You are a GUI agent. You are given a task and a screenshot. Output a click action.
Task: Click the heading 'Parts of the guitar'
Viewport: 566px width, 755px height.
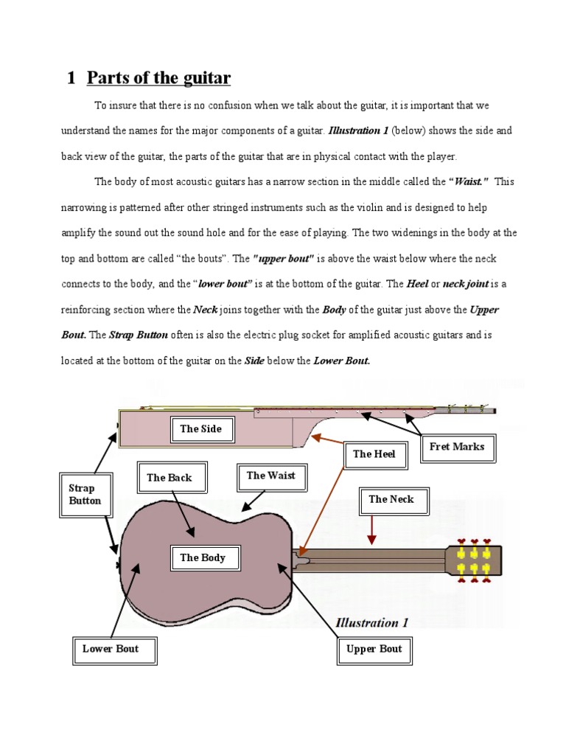pos(158,78)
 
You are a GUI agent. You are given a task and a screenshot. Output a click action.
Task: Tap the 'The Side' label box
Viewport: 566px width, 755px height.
pos(200,429)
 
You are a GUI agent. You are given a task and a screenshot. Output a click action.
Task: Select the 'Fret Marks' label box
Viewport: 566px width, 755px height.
pos(457,447)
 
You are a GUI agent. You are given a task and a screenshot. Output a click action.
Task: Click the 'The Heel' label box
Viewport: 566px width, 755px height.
pos(374,454)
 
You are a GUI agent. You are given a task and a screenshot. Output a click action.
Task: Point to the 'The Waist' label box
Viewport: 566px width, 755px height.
pos(270,476)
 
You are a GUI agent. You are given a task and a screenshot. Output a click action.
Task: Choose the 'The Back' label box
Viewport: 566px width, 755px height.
pos(169,478)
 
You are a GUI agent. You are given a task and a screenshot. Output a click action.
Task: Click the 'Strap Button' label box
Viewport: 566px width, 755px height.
pos(85,495)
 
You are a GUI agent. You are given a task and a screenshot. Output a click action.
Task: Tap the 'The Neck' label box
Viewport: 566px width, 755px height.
pos(391,500)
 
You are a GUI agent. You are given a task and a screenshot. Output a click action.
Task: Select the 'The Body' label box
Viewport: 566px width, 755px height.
pos(203,558)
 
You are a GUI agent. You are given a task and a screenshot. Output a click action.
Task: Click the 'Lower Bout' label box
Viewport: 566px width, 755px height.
pos(110,650)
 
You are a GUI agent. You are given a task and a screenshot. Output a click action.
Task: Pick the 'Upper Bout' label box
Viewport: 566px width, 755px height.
pos(374,650)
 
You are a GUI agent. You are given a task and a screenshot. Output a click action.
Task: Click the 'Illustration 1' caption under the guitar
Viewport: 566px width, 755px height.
pos(371,622)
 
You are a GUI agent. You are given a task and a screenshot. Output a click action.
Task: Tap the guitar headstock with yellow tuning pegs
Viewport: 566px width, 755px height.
pos(475,561)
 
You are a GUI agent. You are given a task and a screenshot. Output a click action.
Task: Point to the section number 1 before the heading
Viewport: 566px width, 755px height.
pos(71,78)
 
